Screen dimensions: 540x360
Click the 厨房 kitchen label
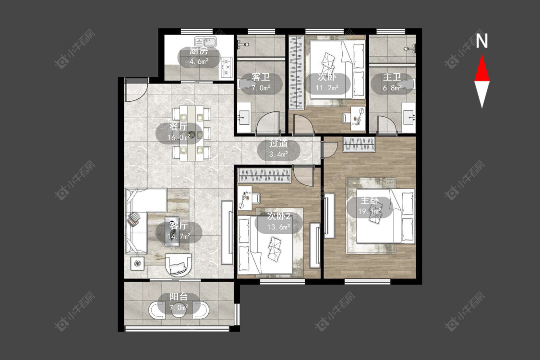coord(199,51)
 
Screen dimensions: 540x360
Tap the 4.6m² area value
coord(199,62)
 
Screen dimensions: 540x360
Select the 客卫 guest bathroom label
coord(261,77)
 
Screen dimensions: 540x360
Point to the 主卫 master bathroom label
coord(392,77)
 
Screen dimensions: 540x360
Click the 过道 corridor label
coord(278,144)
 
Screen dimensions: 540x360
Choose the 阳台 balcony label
coord(179,297)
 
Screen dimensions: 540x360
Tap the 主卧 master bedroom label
coord(370,200)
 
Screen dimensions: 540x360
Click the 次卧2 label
coord(278,216)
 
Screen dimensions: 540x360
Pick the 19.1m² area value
coord(370,211)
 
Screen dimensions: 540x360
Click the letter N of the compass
coord(482,41)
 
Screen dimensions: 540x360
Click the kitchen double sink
coord(205,42)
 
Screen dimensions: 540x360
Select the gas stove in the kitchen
coord(226,67)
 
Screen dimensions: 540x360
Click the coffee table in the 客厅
coord(172,231)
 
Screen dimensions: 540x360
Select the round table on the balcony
coord(179,311)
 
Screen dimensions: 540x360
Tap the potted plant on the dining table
coord(193,133)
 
